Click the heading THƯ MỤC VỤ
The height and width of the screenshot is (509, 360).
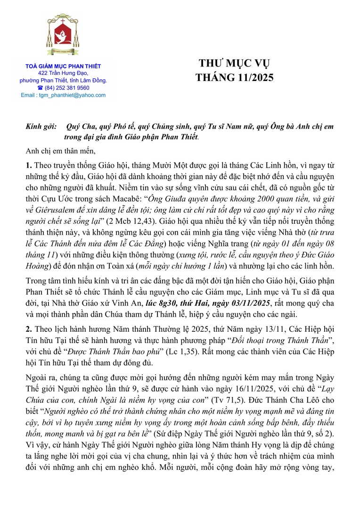tap(234, 64)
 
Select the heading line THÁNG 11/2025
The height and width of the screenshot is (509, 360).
tap(234, 76)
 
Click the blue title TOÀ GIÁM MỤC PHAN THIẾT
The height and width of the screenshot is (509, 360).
tap(63, 66)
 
